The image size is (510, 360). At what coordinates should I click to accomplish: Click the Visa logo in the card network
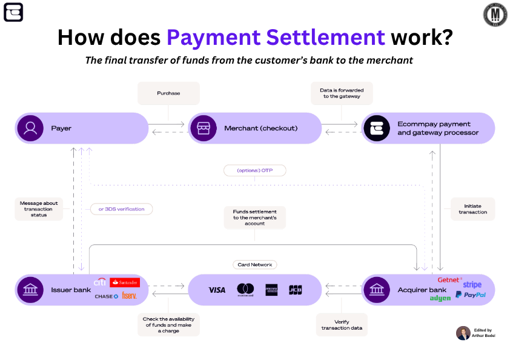(217, 290)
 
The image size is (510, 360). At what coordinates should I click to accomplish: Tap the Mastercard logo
(245, 290)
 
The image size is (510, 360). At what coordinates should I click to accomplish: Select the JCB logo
(295, 290)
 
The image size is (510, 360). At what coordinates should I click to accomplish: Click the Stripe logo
(472, 284)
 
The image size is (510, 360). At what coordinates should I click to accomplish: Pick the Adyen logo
(440, 298)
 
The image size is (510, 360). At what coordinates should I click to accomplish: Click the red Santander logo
(125, 282)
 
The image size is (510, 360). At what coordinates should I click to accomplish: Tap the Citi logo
(99, 282)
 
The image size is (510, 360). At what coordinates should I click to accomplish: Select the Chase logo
(106, 296)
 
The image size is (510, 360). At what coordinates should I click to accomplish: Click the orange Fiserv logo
(129, 296)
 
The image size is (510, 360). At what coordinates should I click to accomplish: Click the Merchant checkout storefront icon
(202, 128)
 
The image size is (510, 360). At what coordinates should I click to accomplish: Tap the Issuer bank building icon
(29, 290)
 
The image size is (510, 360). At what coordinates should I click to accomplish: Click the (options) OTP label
(254, 170)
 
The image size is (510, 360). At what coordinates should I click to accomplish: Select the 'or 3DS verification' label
(121, 209)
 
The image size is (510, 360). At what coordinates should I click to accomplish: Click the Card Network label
(254, 265)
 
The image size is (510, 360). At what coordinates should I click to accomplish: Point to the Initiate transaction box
(472, 208)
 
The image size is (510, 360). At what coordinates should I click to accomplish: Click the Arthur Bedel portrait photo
(463, 333)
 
